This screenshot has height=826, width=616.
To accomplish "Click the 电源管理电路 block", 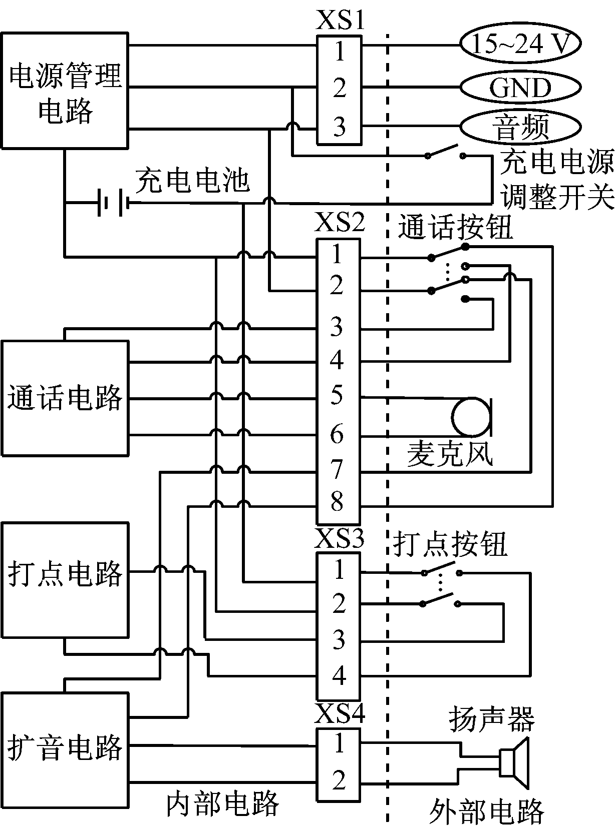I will tap(65, 91).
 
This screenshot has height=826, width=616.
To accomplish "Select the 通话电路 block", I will tap(65, 398).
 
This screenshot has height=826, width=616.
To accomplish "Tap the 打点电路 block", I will tap(65, 580).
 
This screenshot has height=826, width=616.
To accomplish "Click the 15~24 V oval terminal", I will tap(520, 44).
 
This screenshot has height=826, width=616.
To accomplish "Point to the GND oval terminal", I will tap(520, 88).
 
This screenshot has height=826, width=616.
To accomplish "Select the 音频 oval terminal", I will tap(520, 127).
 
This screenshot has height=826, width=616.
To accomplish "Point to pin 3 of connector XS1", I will tap(339, 127).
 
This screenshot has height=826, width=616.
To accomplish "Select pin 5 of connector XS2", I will tap(337, 395).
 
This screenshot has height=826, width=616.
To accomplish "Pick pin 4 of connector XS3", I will tap(339, 675).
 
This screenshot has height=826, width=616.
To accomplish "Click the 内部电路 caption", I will tap(222, 804).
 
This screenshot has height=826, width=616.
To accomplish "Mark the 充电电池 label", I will tap(192, 180).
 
